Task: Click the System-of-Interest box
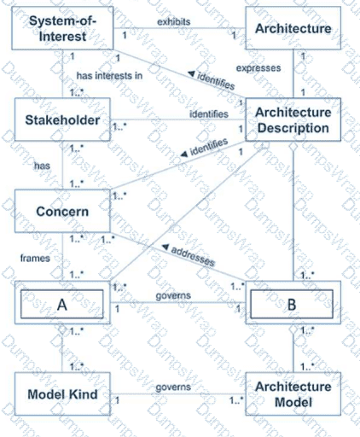(x=62, y=28)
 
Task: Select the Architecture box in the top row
(x=293, y=28)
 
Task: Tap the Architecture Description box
(x=293, y=119)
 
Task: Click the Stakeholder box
(x=62, y=119)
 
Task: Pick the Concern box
(x=62, y=211)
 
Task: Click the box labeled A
(x=62, y=303)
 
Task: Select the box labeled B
(x=293, y=303)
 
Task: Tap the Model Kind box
(x=62, y=394)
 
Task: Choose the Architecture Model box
(x=293, y=394)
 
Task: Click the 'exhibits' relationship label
(x=174, y=22)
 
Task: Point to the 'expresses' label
(x=258, y=68)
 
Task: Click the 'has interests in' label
(x=109, y=76)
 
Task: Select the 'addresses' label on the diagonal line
(x=193, y=256)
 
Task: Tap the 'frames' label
(x=35, y=259)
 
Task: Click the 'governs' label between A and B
(x=173, y=295)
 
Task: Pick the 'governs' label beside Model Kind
(x=173, y=387)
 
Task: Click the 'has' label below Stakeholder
(x=42, y=166)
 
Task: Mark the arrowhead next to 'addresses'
(x=165, y=248)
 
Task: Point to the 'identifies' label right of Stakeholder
(x=209, y=114)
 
